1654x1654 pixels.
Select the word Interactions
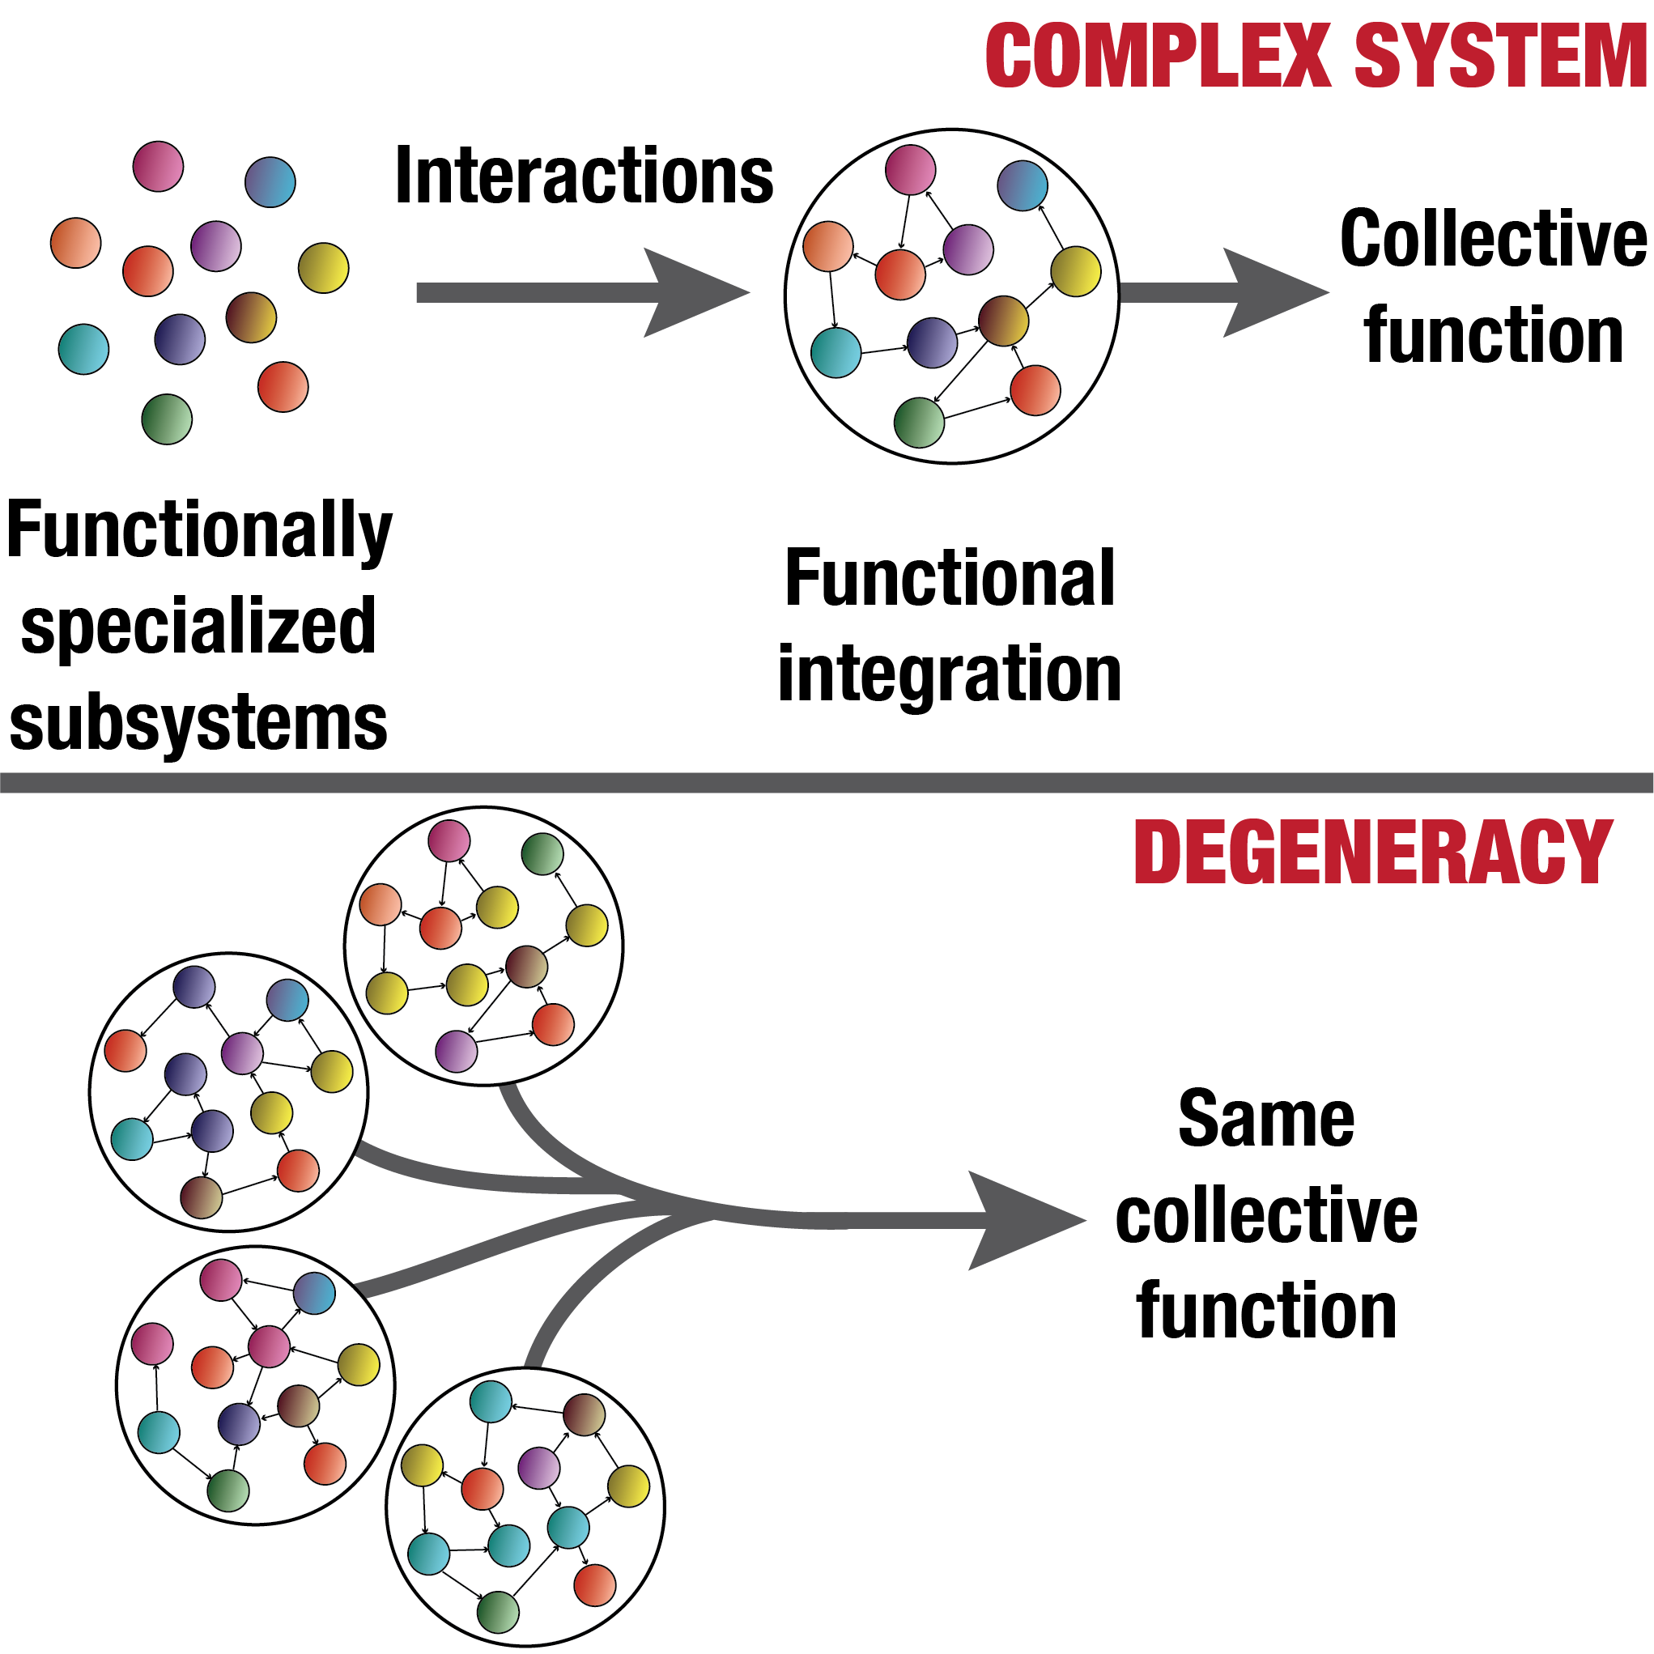coord(584,176)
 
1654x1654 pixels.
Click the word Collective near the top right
coord(1492,240)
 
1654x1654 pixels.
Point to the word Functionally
coord(198,531)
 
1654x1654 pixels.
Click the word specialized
coord(198,627)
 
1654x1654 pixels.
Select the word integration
coord(949,674)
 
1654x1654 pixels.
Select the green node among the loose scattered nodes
coord(167,419)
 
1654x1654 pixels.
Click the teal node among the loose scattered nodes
coord(84,349)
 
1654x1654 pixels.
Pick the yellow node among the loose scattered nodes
coord(324,268)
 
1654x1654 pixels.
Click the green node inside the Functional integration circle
coord(919,423)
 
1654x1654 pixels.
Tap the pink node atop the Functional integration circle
coord(910,169)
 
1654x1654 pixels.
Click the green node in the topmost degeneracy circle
coord(542,854)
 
